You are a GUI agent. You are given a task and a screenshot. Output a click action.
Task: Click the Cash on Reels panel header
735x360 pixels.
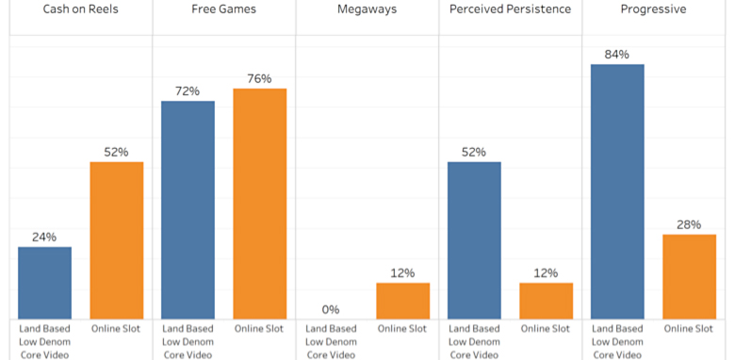pos(80,9)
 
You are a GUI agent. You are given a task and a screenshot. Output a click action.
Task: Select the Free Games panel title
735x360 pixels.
pos(223,9)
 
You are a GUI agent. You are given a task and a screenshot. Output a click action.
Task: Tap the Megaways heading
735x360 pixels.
pos(367,9)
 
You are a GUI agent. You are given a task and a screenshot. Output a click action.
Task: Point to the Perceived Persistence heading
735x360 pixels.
pos(511,9)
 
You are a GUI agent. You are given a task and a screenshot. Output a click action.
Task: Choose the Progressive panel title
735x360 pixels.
pos(653,9)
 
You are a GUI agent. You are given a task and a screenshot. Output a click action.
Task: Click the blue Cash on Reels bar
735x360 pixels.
pos(44,283)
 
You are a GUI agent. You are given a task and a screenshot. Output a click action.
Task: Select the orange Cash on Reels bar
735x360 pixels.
pos(117,240)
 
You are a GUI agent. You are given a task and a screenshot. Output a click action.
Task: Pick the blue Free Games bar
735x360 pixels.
pos(188,210)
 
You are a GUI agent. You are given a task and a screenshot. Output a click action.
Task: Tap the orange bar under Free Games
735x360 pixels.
pos(260,204)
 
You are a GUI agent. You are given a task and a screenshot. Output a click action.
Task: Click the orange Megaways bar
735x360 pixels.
pos(403,301)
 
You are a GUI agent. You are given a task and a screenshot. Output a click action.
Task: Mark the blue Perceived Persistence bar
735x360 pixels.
pos(474,240)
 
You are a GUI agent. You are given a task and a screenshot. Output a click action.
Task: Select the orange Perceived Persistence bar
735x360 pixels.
pos(547,301)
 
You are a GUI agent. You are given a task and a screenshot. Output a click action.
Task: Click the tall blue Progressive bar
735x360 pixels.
pos(617,191)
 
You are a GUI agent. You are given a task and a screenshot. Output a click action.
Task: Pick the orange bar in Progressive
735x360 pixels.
pos(690,277)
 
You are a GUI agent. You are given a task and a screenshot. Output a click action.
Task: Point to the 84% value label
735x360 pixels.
pos(617,55)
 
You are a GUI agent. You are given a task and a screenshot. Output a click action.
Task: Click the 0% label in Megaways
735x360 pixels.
pos(331,310)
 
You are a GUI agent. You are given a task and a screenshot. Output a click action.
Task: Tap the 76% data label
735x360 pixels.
pos(259,79)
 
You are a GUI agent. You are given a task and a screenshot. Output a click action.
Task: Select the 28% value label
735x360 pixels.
pos(689,224)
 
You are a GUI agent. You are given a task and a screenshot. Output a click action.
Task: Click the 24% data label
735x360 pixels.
pos(44,237)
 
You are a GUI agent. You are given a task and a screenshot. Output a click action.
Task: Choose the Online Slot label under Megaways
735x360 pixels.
pos(402,329)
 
